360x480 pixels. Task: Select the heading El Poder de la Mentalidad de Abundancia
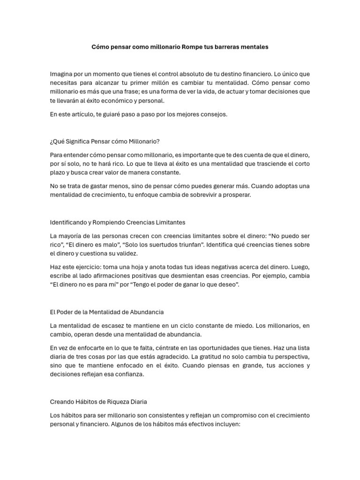pos(107,312)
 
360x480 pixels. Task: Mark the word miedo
pos(244,325)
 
